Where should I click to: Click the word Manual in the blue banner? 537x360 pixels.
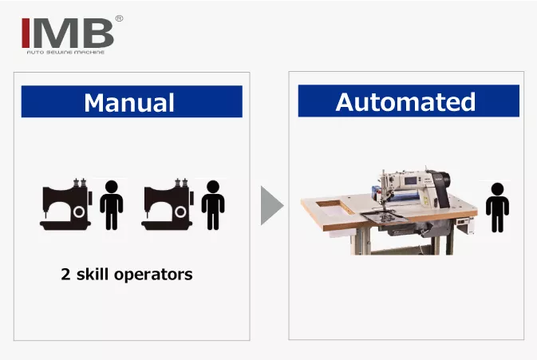pos(129,102)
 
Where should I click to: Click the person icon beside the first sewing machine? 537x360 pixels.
pos(111,206)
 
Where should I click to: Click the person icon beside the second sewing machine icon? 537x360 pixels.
pos(212,206)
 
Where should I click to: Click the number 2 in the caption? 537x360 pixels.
pos(65,275)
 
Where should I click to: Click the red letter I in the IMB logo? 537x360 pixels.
pos(26,31)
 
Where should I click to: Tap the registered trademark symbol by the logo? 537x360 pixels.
pos(119,18)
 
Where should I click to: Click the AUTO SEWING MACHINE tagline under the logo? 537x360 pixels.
pos(67,52)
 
